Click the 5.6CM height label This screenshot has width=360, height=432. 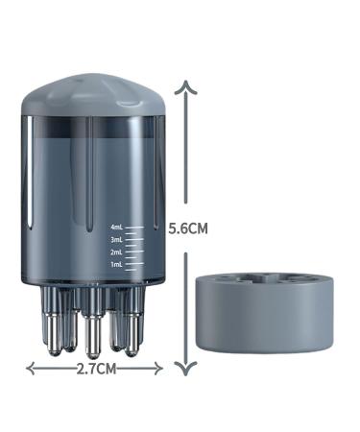[x=188, y=229]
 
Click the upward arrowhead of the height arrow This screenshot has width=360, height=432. [x=190, y=87]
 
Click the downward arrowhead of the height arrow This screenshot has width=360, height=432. [x=190, y=369]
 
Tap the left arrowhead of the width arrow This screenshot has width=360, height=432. [x=30, y=368]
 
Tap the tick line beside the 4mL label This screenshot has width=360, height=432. [x=134, y=228]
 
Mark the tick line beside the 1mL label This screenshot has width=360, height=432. [x=134, y=263]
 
